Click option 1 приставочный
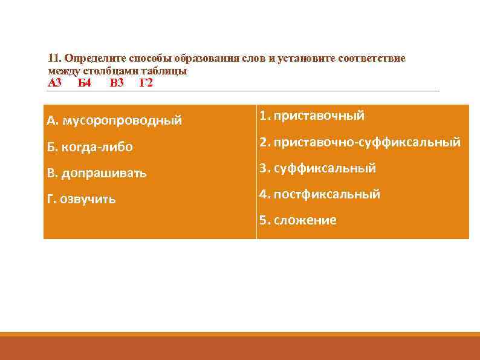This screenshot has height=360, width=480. coord(319,116)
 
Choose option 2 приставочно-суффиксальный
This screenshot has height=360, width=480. coord(367,142)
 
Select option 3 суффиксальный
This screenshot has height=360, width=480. coord(325,168)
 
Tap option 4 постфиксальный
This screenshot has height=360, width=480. coord(326,194)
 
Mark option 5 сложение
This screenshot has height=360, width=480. coord(305,220)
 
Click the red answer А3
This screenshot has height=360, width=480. coord(55,83)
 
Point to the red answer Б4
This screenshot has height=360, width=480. coord(85,83)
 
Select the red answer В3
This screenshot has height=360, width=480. coord(117,83)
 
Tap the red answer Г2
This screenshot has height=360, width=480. coord(146,83)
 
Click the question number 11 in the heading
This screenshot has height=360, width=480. coord(54,59)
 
